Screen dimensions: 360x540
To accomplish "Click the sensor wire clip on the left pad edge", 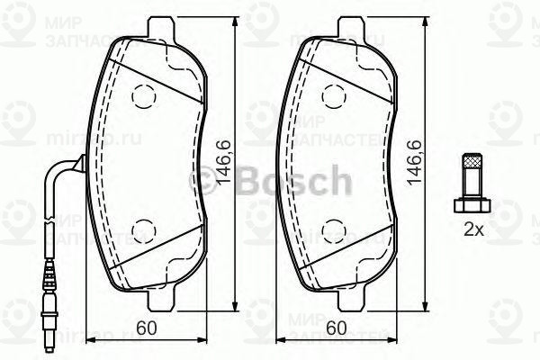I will [79, 165].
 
